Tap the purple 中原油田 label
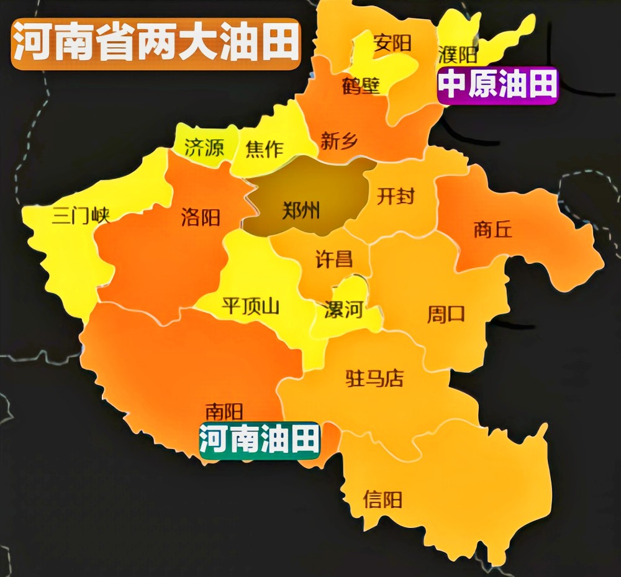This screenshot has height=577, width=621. click(498, 84)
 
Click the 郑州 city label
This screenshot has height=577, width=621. click(301, 211)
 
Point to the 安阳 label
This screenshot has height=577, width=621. click(392, 43)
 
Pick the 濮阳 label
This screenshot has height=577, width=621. click(458, 55)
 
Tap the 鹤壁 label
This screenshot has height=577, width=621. click(361, 86)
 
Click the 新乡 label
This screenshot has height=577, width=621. click(339, 142)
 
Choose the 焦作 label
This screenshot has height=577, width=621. click(265, 149)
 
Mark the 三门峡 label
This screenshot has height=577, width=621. click(81, 216)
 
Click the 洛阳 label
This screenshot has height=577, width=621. click(201, 217)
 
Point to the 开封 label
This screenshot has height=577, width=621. click(396, 196)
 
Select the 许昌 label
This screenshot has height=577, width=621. click(334, 259)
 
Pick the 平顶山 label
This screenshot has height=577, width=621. click(251, 306)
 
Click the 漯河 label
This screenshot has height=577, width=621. click(343, 309)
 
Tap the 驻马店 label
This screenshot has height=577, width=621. click(374, 378)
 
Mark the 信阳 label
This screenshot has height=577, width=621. click(383, 499)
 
